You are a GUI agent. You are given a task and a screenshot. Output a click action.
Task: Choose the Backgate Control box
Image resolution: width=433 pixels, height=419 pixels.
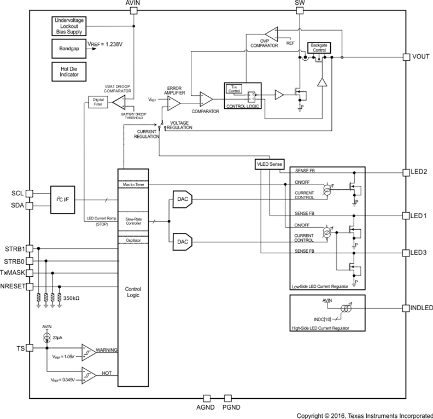318,47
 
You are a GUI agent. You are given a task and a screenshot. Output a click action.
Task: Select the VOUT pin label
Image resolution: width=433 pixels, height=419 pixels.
421,57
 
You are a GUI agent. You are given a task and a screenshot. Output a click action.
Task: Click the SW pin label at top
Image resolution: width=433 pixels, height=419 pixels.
300,3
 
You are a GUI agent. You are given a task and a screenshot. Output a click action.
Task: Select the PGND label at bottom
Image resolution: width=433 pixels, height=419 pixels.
231,408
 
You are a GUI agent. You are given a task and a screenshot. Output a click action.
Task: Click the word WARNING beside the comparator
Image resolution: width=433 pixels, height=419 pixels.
107,350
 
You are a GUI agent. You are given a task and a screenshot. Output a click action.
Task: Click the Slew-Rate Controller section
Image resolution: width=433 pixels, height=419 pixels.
133,221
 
